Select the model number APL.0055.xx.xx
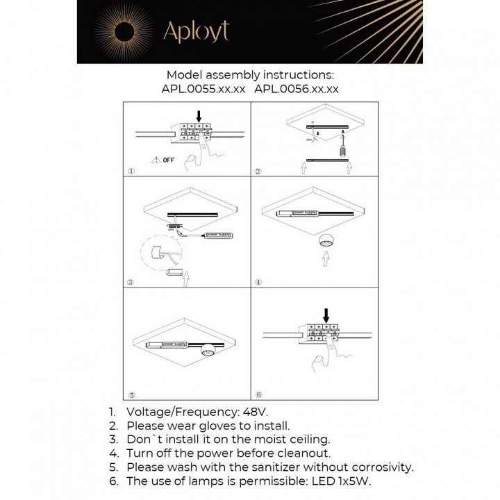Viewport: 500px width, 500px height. pos(203,89)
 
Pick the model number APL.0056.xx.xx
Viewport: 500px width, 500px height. pos(297,89)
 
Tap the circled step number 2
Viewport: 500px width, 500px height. pos(258,171)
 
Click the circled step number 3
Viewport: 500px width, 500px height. pos(131,283)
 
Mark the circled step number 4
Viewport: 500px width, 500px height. pos(258,283)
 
